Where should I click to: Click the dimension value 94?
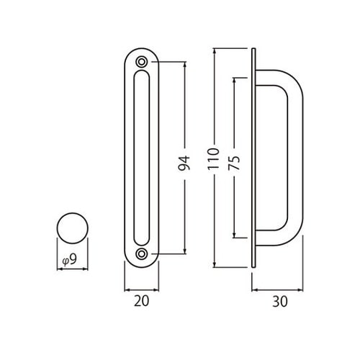[x=184, y=163]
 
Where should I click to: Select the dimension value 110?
[x=214, y=159]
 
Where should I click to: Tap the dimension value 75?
[x=234, y=163]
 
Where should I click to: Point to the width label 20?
[x=141, y=301]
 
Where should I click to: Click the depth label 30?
[x=280, y=302]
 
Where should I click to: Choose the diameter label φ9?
[x=70, y=259]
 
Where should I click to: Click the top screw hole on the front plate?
[x=142, y=62]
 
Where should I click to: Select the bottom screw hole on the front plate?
[x=142, y=253]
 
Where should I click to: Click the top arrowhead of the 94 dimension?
[x=185, y=64]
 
